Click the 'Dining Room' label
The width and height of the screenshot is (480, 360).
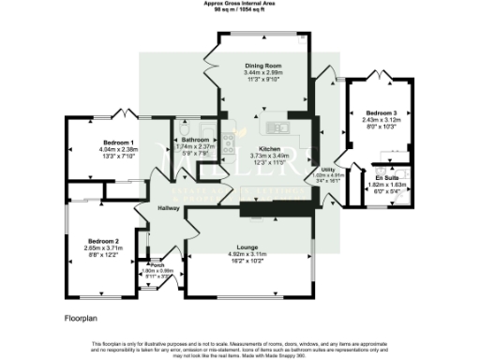click(x=263, y=65)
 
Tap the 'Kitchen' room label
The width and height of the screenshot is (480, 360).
click(x=270, y=149)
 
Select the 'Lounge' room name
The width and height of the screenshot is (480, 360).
click(x=247, y=247)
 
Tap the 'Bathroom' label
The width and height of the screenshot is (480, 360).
click(x=195, y=140)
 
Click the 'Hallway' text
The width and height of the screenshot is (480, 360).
click(x=169, y=208)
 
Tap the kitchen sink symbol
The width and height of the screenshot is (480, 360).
click(x=277, y=127)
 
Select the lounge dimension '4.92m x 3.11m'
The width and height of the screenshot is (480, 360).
click(x=247, y=254)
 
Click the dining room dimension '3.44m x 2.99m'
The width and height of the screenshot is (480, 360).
click(x=263, y=72)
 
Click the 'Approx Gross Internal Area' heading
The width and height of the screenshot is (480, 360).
click(x=240, y=4)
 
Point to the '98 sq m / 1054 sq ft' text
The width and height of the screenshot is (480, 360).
click(x=240, y=10)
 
